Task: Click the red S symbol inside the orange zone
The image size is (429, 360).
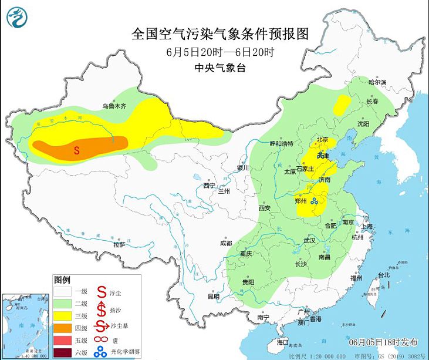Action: [76, 150]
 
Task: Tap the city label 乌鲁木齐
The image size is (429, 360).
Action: [114, 106]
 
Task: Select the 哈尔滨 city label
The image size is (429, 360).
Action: [377, 82]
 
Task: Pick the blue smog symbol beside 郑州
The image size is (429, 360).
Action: [315, 202]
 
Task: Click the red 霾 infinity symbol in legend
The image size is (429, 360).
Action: [100, 339]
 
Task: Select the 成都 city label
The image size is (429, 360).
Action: [225, 243]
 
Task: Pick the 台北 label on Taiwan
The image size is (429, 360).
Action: [383, 275]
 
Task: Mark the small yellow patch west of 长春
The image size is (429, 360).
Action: [340, 105]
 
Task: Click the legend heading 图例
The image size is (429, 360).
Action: [62, 279]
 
